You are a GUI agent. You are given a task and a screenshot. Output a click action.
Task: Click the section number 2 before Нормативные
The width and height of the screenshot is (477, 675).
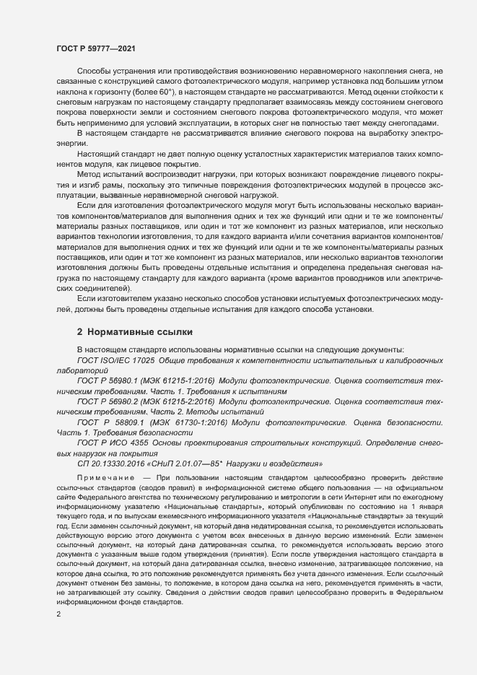tap(79, 332)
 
